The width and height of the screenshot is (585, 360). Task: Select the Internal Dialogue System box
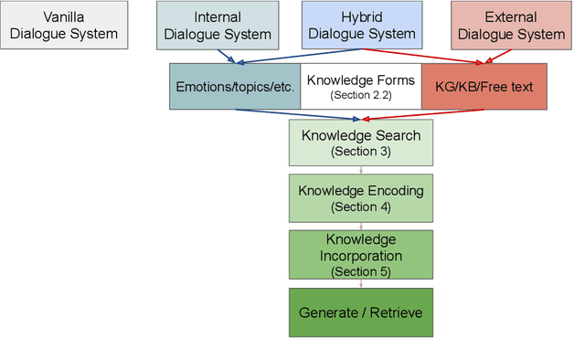click(215, 26)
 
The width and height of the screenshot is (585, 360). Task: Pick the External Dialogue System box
click(510, 26)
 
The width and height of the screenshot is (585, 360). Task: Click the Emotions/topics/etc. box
click(234, 87)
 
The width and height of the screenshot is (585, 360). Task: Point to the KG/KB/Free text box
click(483, 87)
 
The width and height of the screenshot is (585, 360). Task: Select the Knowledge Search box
click(360, 143)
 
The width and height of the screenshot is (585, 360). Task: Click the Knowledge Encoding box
click(360, 198)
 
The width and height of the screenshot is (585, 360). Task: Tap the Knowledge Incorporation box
click(360, 254)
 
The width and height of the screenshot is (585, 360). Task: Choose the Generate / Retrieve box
click(360, 312)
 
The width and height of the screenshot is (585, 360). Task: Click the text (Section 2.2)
click(360, 95)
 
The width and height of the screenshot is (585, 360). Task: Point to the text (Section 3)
click(360, 151)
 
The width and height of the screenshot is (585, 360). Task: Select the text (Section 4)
click(360, 206)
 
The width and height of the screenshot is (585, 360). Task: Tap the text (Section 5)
click(360, 271)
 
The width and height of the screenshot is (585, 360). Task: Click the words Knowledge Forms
click(360, 79)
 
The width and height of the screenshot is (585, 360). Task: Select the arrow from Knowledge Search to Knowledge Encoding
click(360, 171)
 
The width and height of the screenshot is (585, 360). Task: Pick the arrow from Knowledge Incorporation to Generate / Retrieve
click(360, 283)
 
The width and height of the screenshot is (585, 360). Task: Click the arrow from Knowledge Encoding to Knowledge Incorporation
click(360, 227)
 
